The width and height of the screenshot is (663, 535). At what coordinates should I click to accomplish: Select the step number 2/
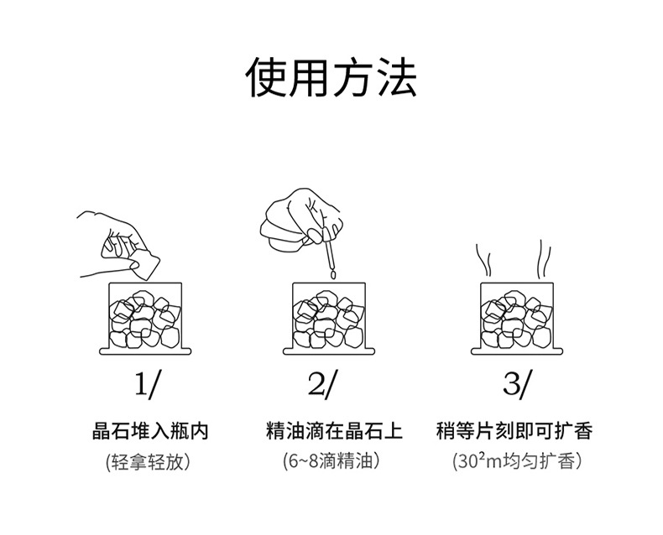click(x=322, y=384)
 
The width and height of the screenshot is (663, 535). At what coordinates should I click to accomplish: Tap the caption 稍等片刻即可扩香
click(x=514, y=432)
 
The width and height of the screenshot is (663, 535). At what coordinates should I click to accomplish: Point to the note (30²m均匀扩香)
click(x=516, y=461)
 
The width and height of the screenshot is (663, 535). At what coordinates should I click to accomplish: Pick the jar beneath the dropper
click(x=328, y=317)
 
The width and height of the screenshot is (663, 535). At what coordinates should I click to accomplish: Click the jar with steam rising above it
click(x=514, y=317)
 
